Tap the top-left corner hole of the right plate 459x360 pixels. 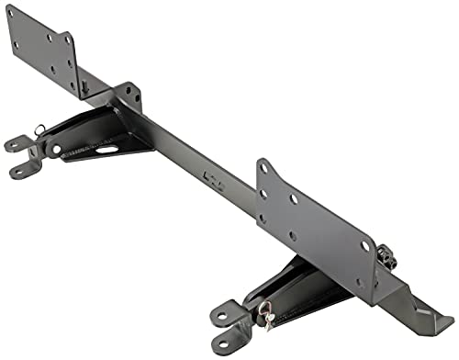(x=265, y=169)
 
